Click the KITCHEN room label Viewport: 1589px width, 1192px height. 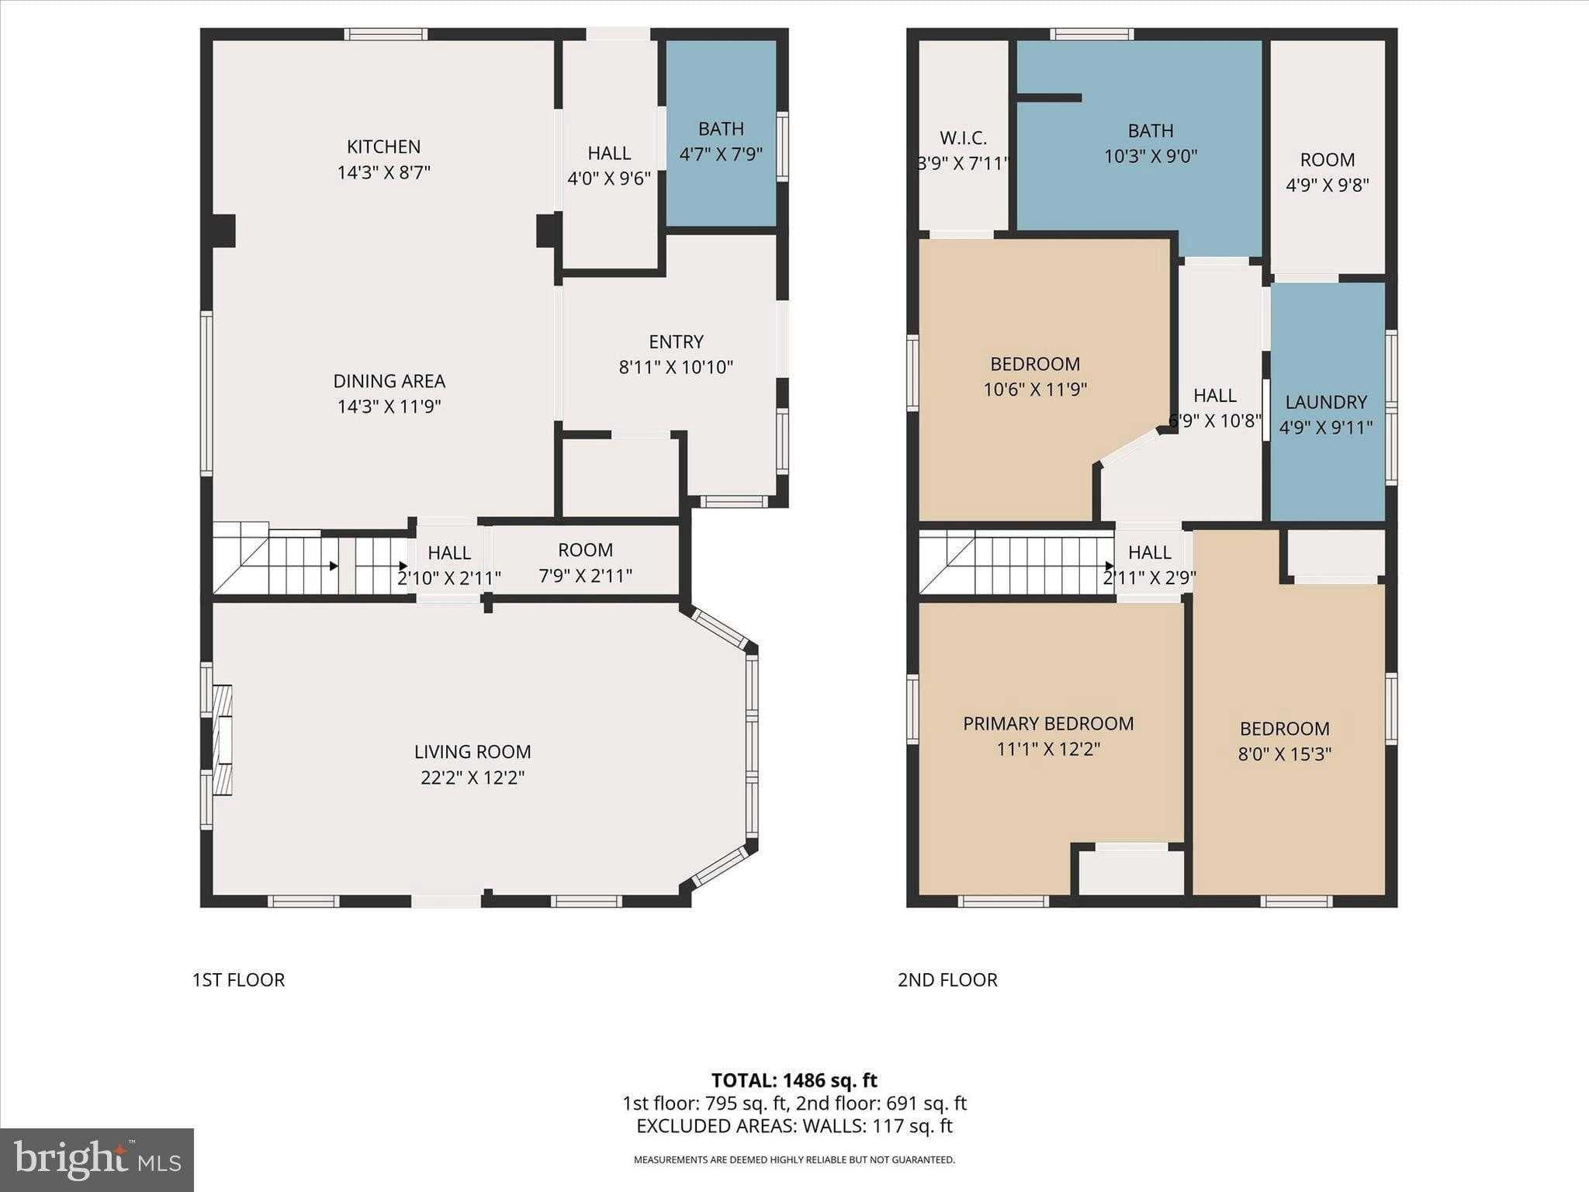coord(383,147)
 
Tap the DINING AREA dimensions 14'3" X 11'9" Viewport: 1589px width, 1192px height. coord(389,406)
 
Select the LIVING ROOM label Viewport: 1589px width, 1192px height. coord(472,751)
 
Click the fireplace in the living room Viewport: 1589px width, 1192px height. coord(222,740)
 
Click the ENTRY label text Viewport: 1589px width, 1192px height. coord(676,341)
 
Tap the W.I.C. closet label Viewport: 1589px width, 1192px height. coord(963,138)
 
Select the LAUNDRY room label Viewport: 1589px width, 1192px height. coord(1325,402)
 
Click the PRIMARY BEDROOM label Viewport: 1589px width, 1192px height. coord(1047,723)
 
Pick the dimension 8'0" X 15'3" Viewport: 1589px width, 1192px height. coord(1284,754)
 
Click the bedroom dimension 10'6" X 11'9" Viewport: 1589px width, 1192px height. coord(1034,389)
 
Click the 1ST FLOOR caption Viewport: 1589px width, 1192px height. coord(238,979)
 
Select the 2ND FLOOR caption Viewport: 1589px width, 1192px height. coord(947,979)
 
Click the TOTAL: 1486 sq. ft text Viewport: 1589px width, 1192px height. coord(794,1080)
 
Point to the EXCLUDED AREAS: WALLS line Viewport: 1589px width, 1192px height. coord(794,1126)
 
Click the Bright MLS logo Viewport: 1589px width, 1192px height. coord(96,1159)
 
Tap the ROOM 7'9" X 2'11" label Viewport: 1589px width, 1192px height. coord(585,563)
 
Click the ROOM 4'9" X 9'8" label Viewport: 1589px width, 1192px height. coord(1327,172)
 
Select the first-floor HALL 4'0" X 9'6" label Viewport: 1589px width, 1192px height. coord(609,165)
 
